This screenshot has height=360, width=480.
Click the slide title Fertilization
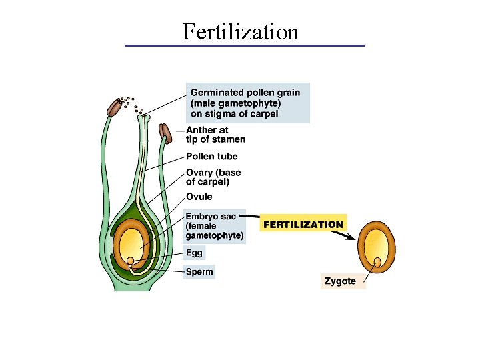coord(241,31)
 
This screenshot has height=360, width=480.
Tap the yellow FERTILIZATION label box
coord(303,225)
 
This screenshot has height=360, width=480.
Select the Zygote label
coord(340,281)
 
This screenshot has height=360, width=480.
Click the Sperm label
coord(199,271)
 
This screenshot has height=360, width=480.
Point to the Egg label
coord(194,253)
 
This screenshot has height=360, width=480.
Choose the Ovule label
coord(199,197)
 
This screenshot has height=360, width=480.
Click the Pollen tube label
coord(211,157)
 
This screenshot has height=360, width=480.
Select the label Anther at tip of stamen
coord(215,135)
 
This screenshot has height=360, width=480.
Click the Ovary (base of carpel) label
coord(213,177)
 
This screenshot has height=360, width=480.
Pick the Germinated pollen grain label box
coord(245,103)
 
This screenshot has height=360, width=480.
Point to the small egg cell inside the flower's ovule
coord(132,260)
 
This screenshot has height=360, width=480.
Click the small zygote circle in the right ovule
coord(378,262)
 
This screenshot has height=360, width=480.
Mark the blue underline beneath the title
coord(245,45)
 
